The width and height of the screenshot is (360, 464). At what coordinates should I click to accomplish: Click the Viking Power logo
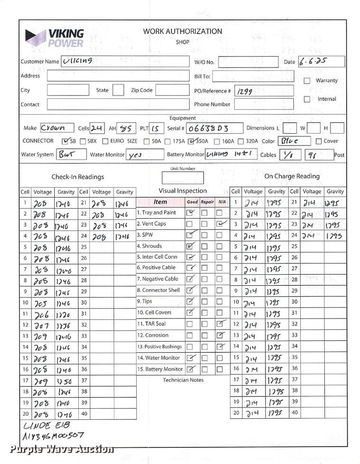tap(55, 38)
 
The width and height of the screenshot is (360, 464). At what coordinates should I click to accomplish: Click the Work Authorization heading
tap(182, 31)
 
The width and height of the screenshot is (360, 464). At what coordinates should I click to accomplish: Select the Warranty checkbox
tap(307, 81)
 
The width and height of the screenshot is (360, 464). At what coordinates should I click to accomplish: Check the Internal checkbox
tap(307, 99)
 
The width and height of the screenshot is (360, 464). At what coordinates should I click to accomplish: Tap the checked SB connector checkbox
tap(66, 141)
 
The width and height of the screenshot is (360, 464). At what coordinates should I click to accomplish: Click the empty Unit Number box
tap(182, 178)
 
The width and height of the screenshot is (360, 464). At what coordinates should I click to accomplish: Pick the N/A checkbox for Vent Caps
tap(220, 223)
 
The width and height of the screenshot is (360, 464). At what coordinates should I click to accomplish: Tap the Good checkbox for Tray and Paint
tap(189, 213)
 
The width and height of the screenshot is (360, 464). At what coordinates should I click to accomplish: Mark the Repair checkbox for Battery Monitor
tap(205, 369)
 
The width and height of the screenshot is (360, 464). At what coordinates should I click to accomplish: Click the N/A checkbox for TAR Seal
tap(220, 324)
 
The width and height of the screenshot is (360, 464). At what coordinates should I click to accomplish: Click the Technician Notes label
tap(183, 380)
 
